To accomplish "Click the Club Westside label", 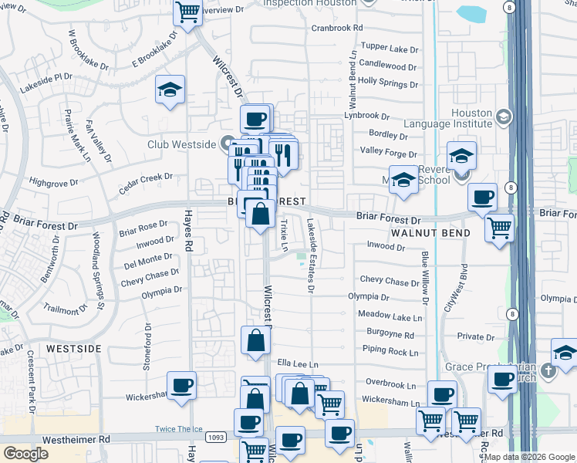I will click(181, 143).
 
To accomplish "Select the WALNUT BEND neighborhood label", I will click(425, 232).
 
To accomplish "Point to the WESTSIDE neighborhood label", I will click(73, 349).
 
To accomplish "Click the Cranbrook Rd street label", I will click(337, 28).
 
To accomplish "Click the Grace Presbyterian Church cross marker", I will click(548, 370).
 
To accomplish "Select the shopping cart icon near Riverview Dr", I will click(187, 12).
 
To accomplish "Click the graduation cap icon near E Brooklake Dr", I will click(169, 90).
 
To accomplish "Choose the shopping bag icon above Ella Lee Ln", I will click(255, 340).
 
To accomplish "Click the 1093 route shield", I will click(215, 438).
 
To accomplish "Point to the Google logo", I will click(25, 454).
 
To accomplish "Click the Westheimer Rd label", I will click(79, 438).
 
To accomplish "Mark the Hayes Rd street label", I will click(187, 228).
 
